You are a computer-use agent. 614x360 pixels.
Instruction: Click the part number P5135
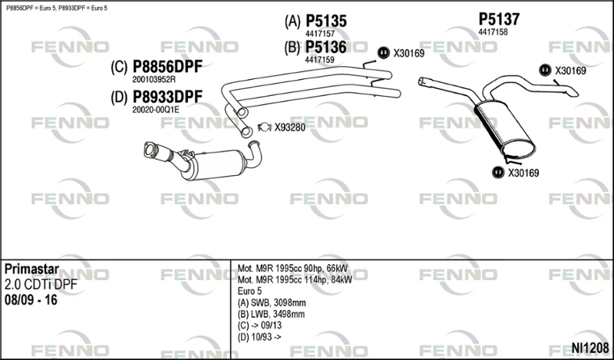pyautogui.click(x=325, y=21)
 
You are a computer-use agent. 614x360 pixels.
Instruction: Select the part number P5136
pyautogui.click(x=325, y=48)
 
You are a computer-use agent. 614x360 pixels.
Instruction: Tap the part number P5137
pyautogui.click(x=499, y=19)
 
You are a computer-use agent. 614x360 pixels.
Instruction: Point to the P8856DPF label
pyautogui.click(x=167, y=67)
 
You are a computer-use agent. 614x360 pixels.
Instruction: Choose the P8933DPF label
pyautogui.click(x=167, y=97)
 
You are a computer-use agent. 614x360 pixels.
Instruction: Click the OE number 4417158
pyautogui.click(x=493, y=32)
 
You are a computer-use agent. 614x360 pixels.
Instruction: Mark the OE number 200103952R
pyautogui.click(x=153, y=80)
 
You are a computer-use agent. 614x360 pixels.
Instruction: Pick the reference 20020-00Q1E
pyautogui.click(x=156, y=110)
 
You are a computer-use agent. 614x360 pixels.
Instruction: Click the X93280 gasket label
pyautogui.click(x=290, y=127)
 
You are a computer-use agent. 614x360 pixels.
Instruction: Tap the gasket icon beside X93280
pyautogui.click(x=265, y=127)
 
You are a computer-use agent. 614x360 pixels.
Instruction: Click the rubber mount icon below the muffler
pyautogui.click(x=497, y=173)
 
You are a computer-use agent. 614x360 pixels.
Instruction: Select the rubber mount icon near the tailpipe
pyautogui.click(x=545, y=70)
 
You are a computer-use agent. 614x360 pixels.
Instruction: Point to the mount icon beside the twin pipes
pyautogui.click(x=383, y=52)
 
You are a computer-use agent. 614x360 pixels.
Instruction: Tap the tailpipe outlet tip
pyautogui.click(x=573, y=91)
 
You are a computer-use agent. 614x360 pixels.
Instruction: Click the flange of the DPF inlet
pyautogui.click(x=150, y=150)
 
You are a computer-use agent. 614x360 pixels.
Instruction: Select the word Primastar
pyautogui.click(x=31, y=269)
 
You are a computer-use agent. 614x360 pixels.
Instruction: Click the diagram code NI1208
pyautogui.click(x=590, y=348)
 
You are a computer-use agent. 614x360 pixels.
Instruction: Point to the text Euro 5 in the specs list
pyautogui.click(x=249, y=292)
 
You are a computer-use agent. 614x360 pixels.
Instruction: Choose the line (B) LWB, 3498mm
pyautogui.click(x=271, y=314)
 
